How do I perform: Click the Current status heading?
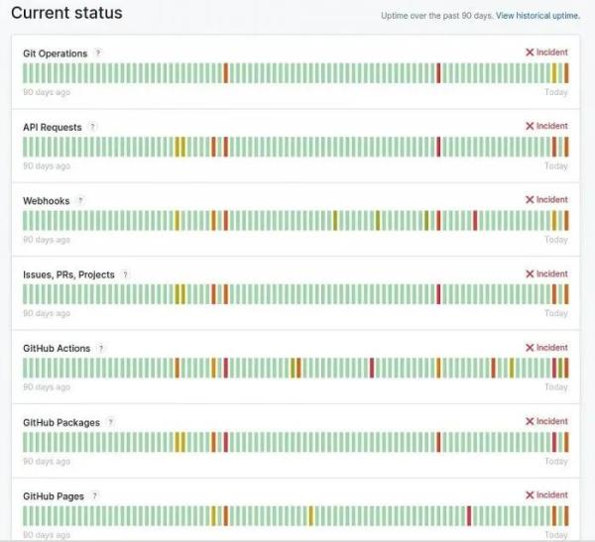[66, 13]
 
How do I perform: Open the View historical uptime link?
[537, 16]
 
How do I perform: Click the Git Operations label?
[55, 54]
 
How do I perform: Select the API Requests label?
[53, 128]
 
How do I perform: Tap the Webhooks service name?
[47, 201]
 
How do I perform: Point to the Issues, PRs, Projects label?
[68, 274]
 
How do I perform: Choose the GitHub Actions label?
[57, 349]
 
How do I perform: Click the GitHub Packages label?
[61, 423]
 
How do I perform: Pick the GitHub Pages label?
[54, 496]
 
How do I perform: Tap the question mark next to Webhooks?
[80, 200]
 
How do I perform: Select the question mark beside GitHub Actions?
[101, 348]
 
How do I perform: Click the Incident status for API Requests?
[546, 127]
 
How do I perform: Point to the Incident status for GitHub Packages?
[546, 422]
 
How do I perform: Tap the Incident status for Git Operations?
[546, 53]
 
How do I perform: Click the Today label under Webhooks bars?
[555, 240]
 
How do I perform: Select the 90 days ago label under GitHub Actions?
[47, 387]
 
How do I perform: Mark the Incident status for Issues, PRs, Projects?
[546, 274]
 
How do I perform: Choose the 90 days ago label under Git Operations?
[47, 92]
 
